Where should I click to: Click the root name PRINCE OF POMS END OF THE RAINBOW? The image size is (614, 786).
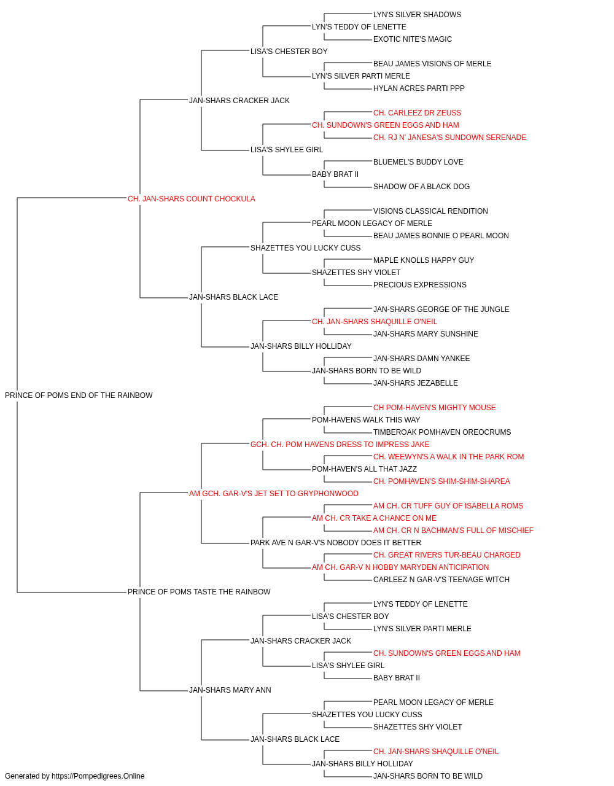tap(79, 395)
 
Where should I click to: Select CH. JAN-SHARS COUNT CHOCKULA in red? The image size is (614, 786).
tap(192, 199)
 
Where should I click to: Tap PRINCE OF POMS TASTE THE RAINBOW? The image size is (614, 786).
tap(199, 592)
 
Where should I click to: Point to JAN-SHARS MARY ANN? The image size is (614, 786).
tap(230, 690)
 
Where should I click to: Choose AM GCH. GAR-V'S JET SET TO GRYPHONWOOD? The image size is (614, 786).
tap(274, 494)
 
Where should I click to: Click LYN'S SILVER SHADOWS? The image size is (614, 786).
tap(417, 15)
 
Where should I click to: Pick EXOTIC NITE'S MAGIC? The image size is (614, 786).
tap(413, 39)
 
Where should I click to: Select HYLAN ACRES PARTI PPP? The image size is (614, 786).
tap(419, 88)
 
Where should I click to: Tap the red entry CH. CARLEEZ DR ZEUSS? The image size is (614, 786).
tap(417, 113)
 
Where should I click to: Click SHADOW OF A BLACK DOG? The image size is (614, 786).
tap(421, 187)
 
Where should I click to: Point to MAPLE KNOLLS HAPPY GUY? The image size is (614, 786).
tap(424, 260)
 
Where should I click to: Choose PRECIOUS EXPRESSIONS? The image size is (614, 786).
tap(420, 285)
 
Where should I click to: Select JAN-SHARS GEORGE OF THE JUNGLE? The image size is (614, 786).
tap(441, 309)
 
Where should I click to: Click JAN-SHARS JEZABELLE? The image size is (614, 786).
tap(416, 383)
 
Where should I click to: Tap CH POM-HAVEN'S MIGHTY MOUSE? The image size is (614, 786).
tap(434, 408)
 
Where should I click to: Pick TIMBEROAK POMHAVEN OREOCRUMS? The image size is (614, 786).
tap(442, 432)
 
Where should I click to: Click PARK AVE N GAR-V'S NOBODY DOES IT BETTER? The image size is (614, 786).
tap(336, 543)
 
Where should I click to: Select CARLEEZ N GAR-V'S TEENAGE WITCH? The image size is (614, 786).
tap(441, 580)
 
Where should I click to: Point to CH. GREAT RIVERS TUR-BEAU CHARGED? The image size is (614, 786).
tap(446, 555)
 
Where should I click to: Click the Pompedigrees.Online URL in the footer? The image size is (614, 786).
tap(98, 776)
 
